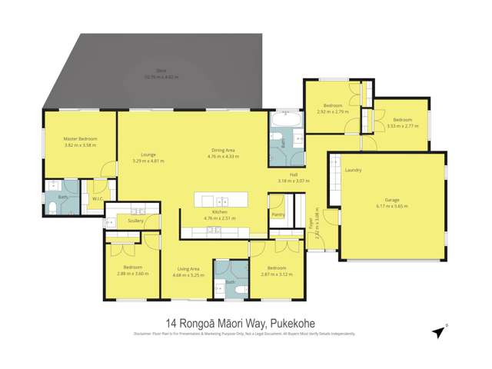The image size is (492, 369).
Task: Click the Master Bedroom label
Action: coord(80,138)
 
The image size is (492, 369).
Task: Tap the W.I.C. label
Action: coord(97,198)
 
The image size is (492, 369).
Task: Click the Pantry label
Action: coord(278,214)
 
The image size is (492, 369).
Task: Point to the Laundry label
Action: coord(354,170)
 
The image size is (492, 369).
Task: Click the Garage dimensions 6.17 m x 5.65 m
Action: coord(391,206)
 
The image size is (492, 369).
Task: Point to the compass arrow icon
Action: coord(438,332)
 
